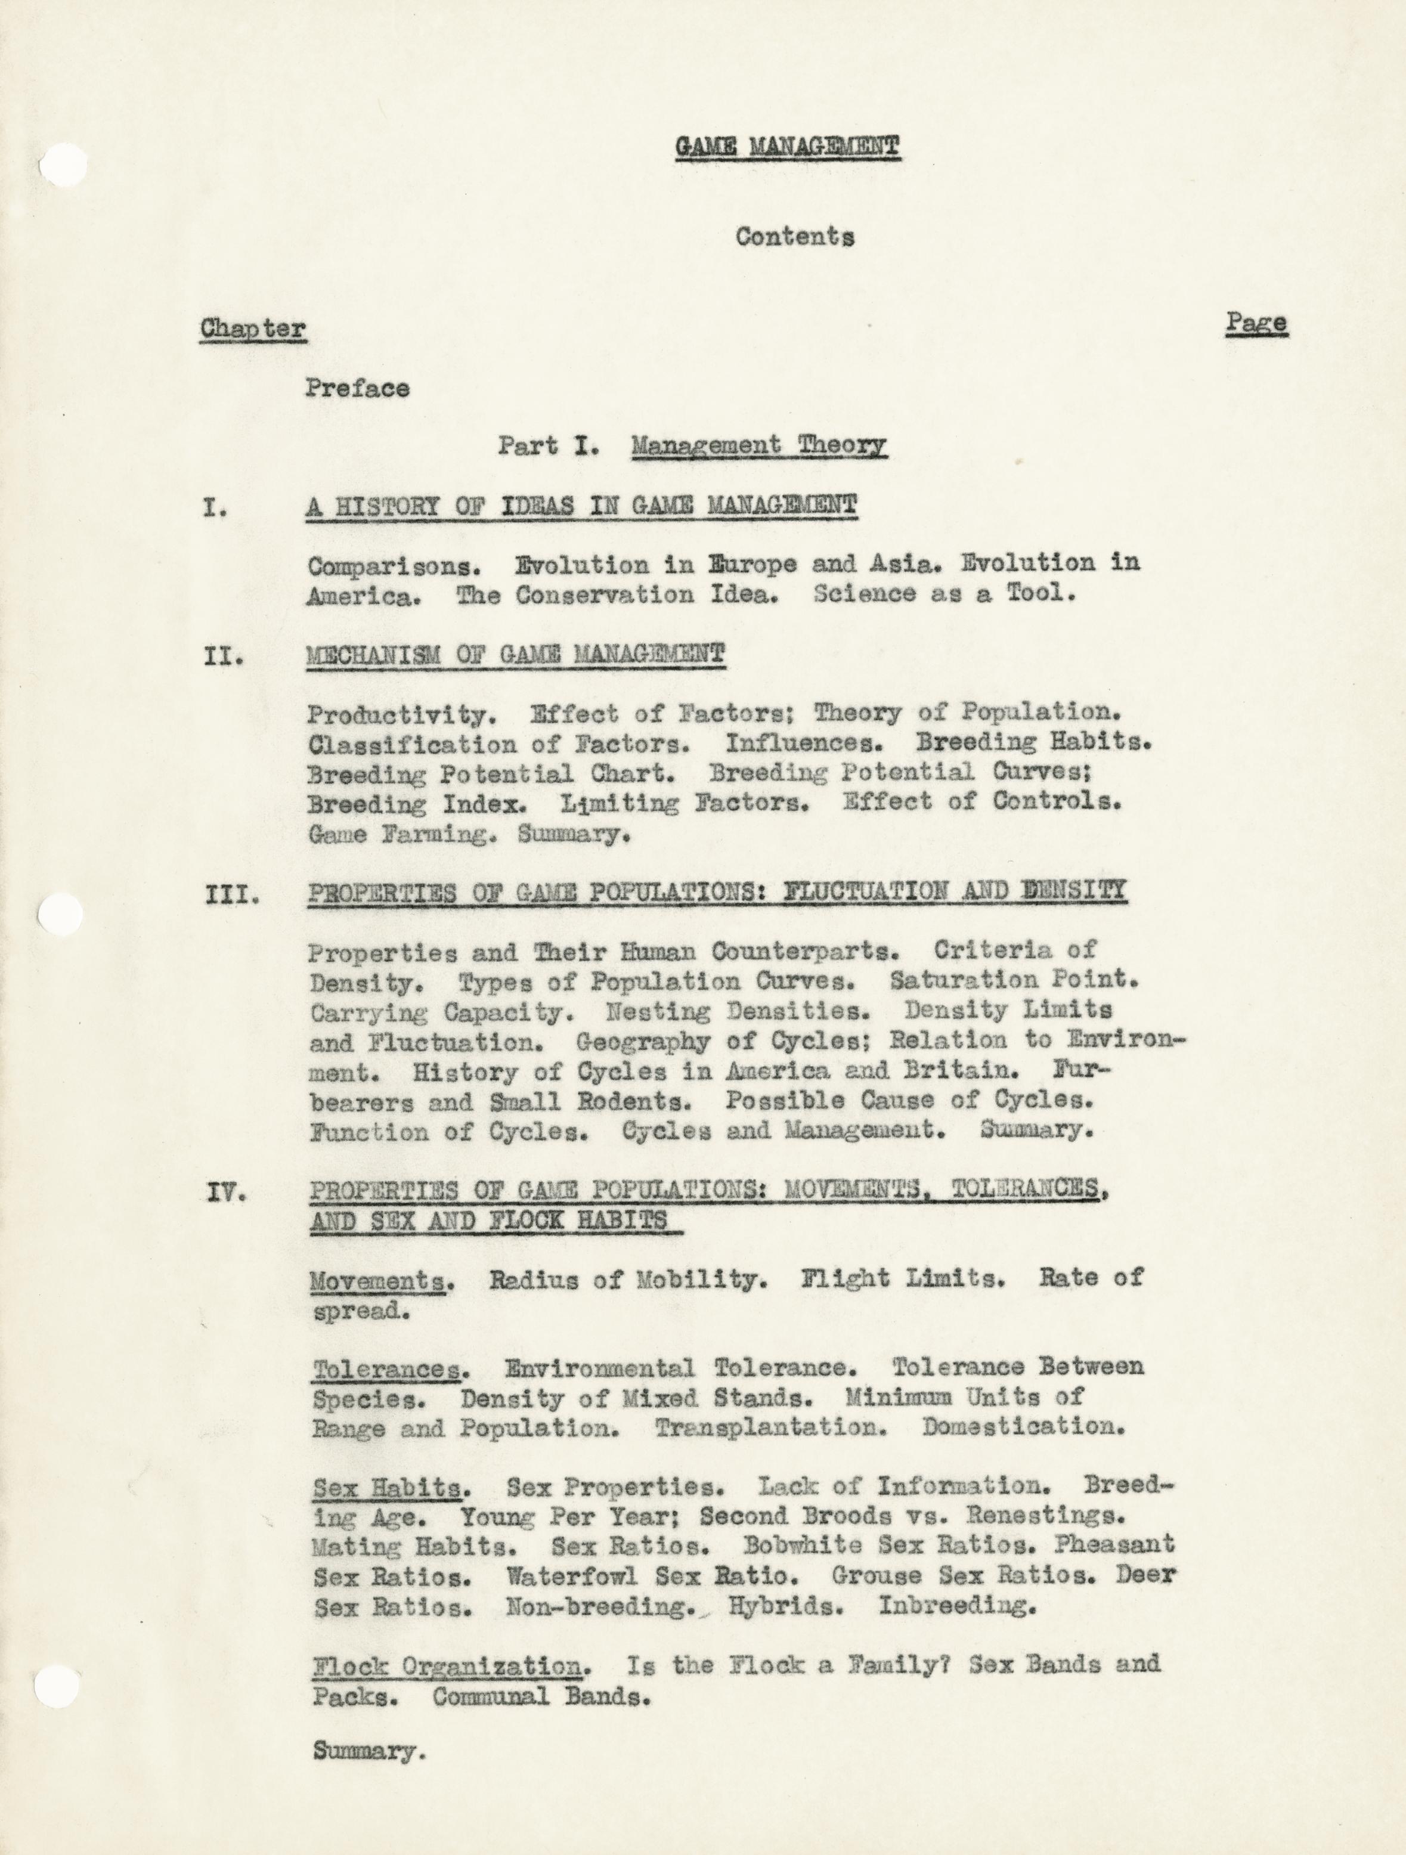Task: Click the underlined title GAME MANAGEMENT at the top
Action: coord(787,147)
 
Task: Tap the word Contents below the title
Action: coord(795,237)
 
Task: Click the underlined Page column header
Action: coord(1256,323)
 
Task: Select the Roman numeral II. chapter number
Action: coord(223,656)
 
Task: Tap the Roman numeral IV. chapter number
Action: coord(225,1193)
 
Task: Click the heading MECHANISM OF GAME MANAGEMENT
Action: coord(516,655)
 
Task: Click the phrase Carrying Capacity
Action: coord(441,1012)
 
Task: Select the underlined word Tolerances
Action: coord(389,1370)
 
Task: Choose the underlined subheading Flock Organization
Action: coord(447,1667)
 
